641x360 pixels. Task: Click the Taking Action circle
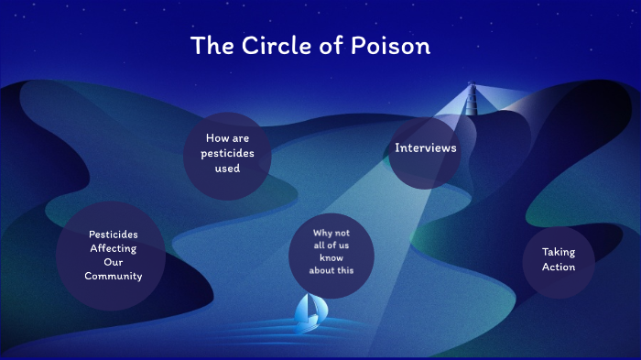559,260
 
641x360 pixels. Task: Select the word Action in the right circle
558,267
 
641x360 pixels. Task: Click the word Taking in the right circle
558,252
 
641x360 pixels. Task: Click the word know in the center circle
331,259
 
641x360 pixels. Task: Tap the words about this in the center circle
331,271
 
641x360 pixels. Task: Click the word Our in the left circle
114,262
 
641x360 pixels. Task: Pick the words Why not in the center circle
331,234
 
